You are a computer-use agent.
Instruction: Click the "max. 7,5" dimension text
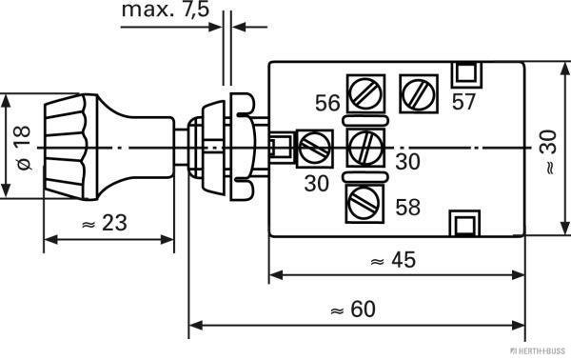click(166, 10)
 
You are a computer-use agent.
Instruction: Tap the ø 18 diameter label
click(22, 148)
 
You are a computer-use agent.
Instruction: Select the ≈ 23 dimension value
click(105, 223)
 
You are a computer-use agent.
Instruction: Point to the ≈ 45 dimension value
click(392, 260)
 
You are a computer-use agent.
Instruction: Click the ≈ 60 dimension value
click(352, 309)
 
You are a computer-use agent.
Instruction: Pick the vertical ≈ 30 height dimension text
click(549, 152)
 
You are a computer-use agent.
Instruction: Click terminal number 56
click(327, 103)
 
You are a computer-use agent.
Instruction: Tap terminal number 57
click(464, 101)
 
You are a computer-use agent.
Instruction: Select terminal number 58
click(408, 207)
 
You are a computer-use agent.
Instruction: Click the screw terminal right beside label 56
click(365, 93)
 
